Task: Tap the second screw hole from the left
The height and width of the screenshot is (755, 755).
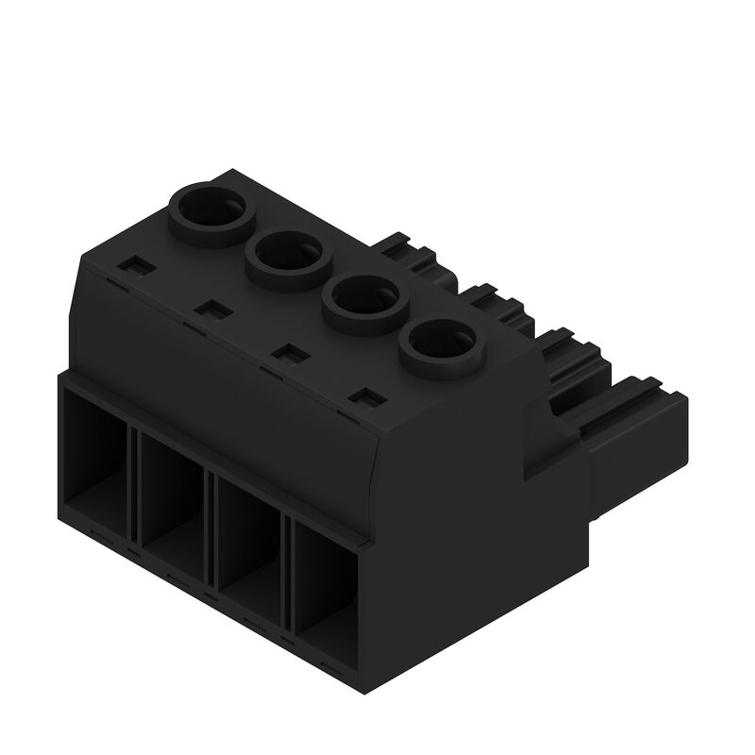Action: click(x=285, y=253)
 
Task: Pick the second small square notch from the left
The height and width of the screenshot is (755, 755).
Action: click(x=210, y=310)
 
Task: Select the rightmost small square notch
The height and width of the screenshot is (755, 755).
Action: click(x=364, y=398)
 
